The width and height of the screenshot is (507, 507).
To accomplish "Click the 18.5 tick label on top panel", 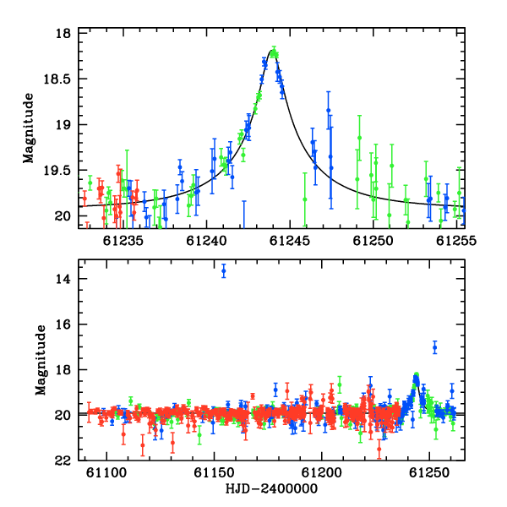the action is (57, 79).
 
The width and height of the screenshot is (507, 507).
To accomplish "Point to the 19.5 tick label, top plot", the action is (57, 171).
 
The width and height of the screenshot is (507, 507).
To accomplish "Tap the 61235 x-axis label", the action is (123, 241).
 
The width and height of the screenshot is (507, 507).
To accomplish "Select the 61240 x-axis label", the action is (207, 241).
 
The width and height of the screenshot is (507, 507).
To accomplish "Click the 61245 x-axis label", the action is (290, 241).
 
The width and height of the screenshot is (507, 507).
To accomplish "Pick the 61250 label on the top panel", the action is (373, 241).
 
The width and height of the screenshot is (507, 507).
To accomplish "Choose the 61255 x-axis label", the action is (456, 241).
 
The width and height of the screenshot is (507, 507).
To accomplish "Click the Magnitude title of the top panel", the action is (29, 128).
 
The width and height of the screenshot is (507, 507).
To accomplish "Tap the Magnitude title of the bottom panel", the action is (41, 360).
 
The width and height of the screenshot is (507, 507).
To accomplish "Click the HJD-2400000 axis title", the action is (271, 488).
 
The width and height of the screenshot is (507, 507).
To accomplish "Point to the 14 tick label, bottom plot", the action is (63, 278).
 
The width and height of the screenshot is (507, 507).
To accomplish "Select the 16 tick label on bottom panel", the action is (63, 324).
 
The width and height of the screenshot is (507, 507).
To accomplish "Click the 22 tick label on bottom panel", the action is (63, 461).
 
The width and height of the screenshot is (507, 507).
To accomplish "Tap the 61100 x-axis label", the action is (106, 472).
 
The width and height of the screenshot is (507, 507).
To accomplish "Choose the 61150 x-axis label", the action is (214, 472).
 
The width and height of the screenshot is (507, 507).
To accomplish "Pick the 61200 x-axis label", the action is (322, 472).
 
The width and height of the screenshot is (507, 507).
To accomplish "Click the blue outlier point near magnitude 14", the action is (224, 271).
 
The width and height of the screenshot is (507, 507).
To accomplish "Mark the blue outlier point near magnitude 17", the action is (435, 347).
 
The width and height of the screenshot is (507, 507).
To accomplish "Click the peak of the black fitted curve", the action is (271, 51).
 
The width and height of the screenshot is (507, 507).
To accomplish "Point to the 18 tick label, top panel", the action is (63, 33).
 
